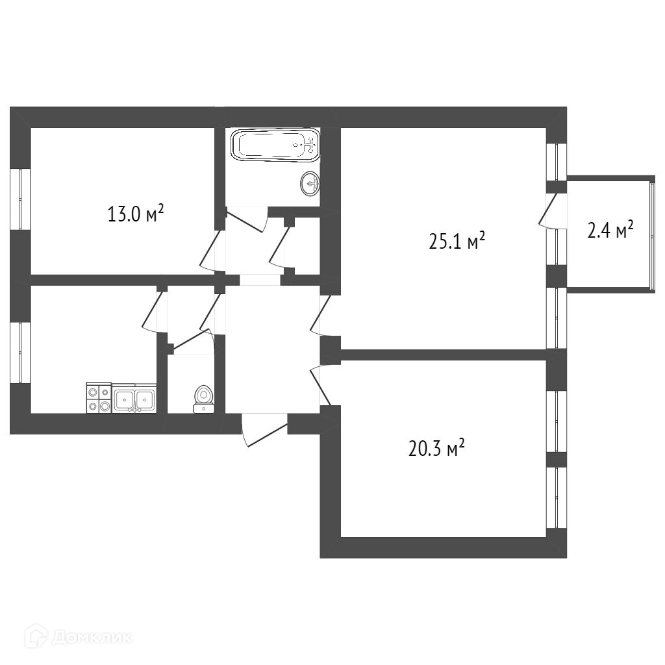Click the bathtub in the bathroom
tap(275, 145)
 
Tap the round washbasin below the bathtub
tap(310, 184)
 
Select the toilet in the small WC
tap(203, 399)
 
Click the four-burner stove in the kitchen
tap(99, 397)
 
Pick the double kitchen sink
tap(134, 398)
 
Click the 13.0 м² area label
tap(136, 214)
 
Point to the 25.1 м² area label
tap(457, 242)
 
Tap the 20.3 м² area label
tap(436, 448)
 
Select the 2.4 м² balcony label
tap(610, 231)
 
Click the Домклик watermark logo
tap(78, 638)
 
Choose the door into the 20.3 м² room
tap(320, 384)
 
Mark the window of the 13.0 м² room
tap(20, 199)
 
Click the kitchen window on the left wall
tap(20, 353)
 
